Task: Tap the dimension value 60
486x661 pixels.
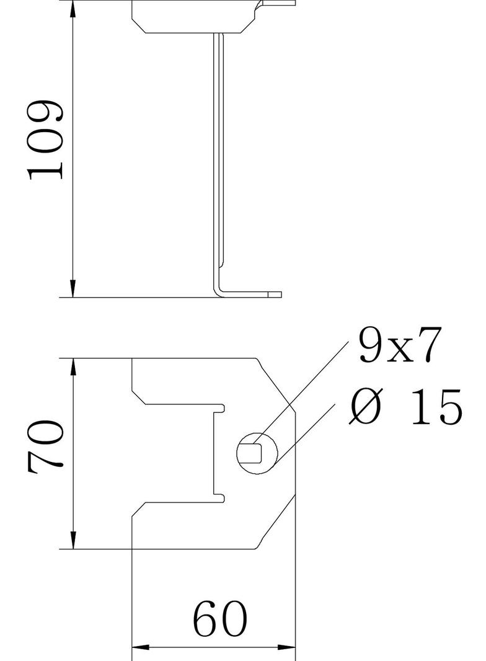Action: point(220,619)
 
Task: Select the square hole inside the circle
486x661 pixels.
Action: point(254,452)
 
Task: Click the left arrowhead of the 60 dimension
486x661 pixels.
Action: point(140,647)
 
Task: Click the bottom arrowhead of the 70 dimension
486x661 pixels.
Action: point(73,540)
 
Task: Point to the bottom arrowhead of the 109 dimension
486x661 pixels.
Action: point(73,288)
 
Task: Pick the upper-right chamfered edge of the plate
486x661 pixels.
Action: point(275,385)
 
